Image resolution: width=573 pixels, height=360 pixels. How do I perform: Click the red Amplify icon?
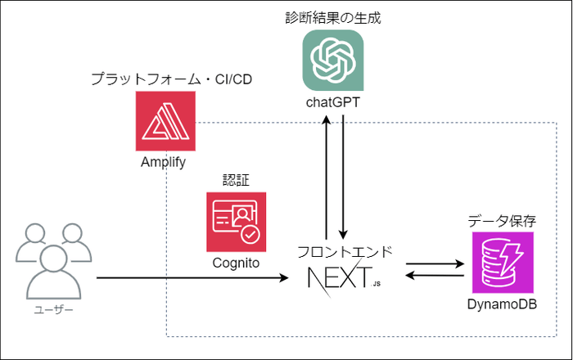coord(166,121)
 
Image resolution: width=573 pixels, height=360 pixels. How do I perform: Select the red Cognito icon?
coord(237,221)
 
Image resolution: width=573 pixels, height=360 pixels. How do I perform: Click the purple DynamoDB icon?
coord(502,263)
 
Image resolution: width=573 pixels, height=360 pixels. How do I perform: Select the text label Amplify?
coord(164,162)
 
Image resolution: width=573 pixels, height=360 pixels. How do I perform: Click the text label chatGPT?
coord(332,102)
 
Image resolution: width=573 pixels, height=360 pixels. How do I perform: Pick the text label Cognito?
coord(237,263)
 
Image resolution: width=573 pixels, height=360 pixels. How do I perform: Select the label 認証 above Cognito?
coord(236,179)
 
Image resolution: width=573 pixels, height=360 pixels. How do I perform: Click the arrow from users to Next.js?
coord(196,279)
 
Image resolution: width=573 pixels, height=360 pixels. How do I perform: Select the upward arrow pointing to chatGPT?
coord(327,176)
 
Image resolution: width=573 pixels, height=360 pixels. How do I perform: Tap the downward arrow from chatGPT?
coord(342,176)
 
